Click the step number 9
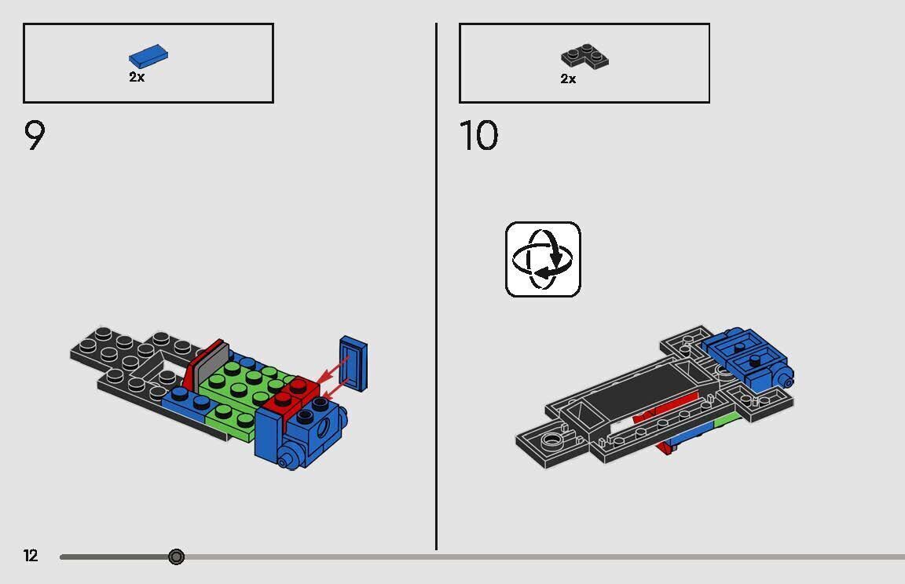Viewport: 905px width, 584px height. coord(35,137)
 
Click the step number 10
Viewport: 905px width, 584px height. coord(478,137)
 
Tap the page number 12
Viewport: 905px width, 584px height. coord(31,557)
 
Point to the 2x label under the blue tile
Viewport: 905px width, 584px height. coord(137,78)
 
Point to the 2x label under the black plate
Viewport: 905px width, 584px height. coord(568,79)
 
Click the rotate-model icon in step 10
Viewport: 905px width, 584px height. coord(543,259)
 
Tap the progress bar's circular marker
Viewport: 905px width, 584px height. coord(177,557)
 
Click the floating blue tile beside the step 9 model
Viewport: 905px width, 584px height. coord(354,363)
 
